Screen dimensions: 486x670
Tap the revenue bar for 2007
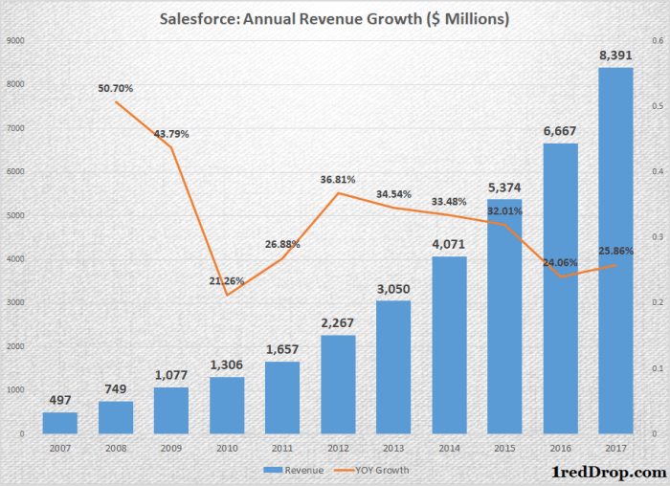pyautogui.click(x=60, y=423)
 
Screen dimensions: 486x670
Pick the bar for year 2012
pyautogui.click(x=338, y=384)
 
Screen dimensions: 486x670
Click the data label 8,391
pyautogui.click(x=616, y=55)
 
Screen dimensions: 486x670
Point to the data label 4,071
pyautogui.click(x=450, y=244)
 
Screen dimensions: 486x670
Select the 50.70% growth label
pyautogui.click(x=115, y=88)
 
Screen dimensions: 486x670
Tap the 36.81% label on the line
pyautogui.click(x=338, y=179)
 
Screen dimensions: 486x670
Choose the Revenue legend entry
pyautogui.click(x=296, y=470)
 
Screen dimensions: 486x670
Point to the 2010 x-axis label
pyautogui.click(x=226, y=448)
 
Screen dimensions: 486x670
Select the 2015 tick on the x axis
pyautogui.click(x=505, y=448)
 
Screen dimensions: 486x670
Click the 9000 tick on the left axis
pyautogui.click(x=16, y=40)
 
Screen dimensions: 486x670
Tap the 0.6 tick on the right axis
pyautogui.click(x=656, y=40)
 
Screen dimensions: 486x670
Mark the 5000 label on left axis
pyautogui.click(x=16, y=215)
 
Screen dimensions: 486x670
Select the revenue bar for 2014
pyautogui.click(x=450, y=344)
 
